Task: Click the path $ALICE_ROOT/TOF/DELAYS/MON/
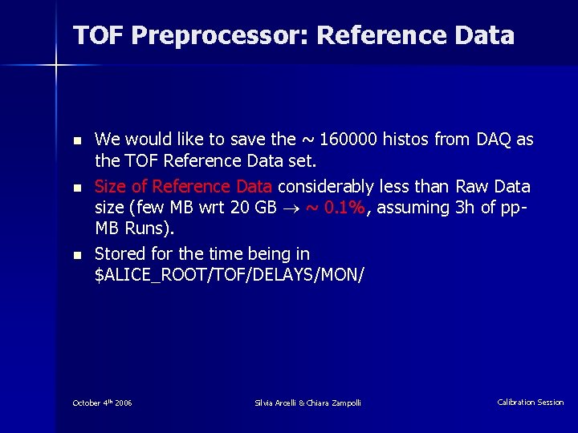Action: click(x=229, y=275)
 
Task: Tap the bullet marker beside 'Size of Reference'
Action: click(x=76, y=188)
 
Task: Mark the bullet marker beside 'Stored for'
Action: click(x=76, y=255)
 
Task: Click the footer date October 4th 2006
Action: click(x=102, y=403)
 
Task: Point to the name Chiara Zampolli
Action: click(x=334, y=403)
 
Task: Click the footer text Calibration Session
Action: click(x=530, y=403)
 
